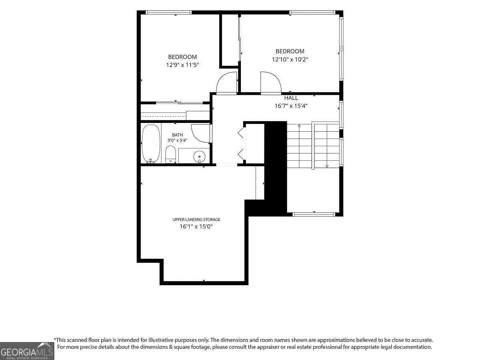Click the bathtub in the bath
151,144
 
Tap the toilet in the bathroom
170,154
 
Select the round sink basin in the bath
199,156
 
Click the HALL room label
291,98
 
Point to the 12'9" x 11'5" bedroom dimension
182,65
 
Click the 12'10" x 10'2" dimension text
290,60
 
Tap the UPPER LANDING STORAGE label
196,220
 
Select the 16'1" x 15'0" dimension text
196,226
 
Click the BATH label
177,135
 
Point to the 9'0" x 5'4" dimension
177,140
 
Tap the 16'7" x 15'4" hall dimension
291,106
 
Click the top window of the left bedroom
169,12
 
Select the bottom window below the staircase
314,214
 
